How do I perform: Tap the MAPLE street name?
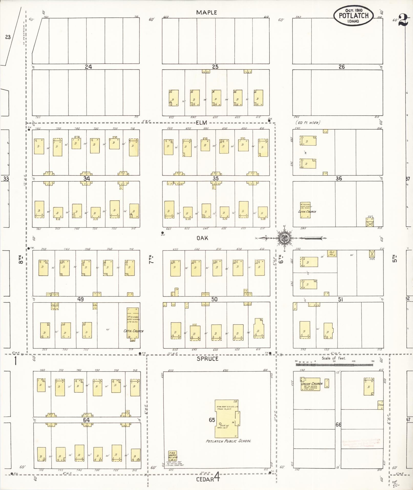(207, 12)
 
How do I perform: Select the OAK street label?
(202, 238)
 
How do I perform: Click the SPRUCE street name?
(207, 359)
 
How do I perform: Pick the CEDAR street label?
(205, 479)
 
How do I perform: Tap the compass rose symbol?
(284, 238)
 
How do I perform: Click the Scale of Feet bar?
(334, 364)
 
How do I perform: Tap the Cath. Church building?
(133, 325)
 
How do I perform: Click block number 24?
(88, 67)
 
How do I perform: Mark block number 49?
(80, 299)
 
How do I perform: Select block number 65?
(211, 420)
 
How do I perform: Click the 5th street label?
(395, 259)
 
